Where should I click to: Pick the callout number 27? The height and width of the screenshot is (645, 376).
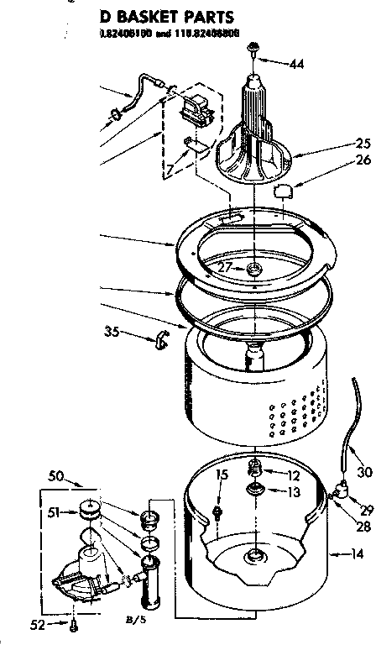[x=224, y=267]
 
